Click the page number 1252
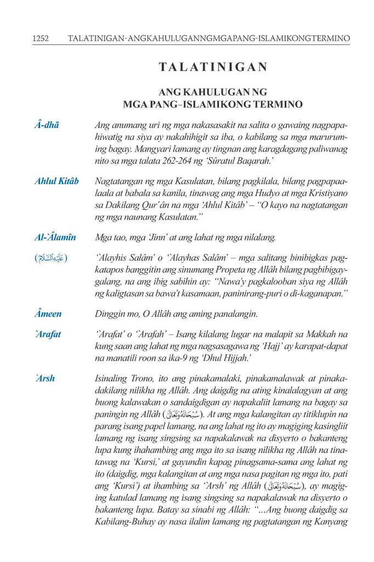41,38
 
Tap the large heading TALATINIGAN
213,67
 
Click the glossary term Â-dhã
47,126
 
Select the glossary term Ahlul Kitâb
56,182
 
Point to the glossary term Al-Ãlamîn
55,238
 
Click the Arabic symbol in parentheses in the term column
51,258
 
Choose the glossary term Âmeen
48,314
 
